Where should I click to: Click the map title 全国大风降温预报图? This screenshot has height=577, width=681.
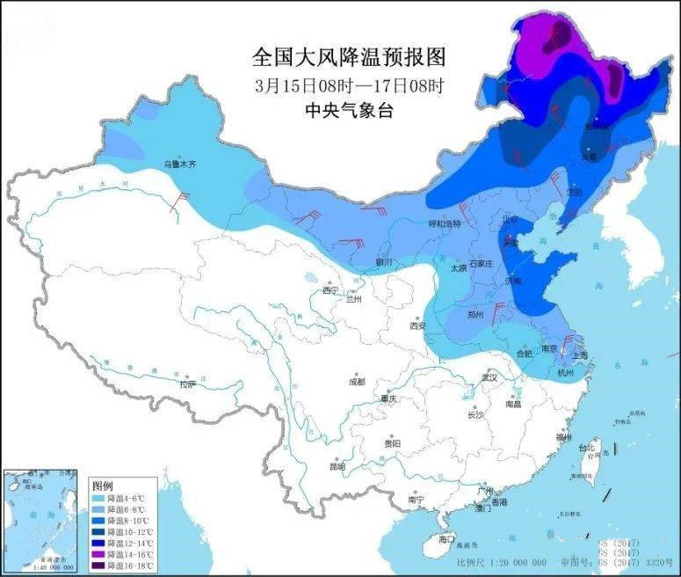[x=349, y=58]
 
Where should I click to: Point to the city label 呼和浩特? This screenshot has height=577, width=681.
[x=444, y=224]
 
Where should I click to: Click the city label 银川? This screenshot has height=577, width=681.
[x=383, y=261]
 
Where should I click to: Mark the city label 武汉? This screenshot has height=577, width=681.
[x=489, y=377]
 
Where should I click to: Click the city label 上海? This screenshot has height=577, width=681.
[x=580, y=355]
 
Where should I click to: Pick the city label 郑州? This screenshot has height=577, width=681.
[x=475, y=313]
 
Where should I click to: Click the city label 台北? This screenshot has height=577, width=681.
[x=586, y=448]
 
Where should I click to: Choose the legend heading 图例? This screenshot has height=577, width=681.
[x=103, y=486]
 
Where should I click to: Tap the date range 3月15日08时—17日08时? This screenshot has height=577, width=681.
[x=349, y=85]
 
